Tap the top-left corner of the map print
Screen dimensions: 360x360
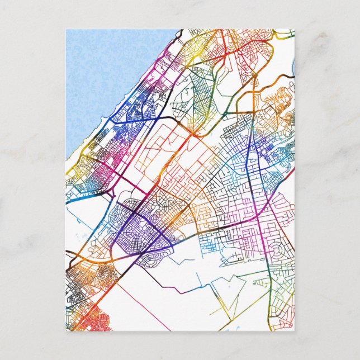coord(66,30)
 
